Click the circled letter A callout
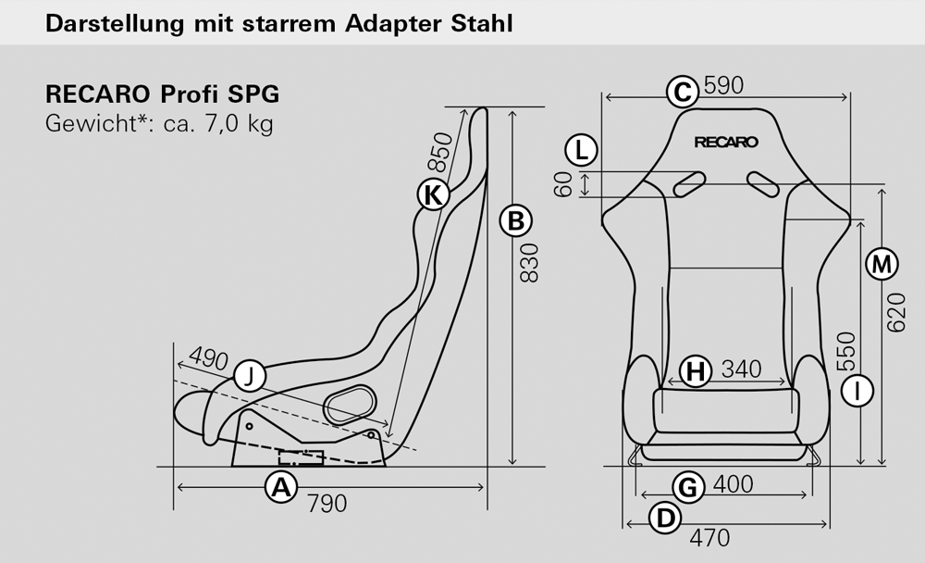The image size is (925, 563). coord(281,488)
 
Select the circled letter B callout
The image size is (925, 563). coord(515,221)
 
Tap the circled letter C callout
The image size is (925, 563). coord(683,93)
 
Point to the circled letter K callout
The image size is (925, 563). coord(434,194)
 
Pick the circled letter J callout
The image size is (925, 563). coord(250,376)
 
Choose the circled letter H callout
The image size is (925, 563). coord(697,372)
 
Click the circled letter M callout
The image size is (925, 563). coord(882,264)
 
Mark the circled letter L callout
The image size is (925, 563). coord(582,150)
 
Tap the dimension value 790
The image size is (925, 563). coord(327,504)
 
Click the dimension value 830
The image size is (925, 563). coord(530,263)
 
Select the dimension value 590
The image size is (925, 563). coord(724,86)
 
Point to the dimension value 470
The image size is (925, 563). coord(709,538)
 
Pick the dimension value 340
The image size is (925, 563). coord(742,369)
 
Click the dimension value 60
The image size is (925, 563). coord(563,183)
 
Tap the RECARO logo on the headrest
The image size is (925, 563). coord(726,143)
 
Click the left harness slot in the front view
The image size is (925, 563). coord(690,184)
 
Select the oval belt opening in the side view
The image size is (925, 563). coord(351,404)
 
